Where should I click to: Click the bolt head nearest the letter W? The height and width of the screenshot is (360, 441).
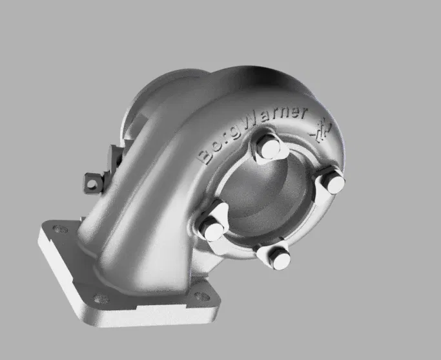click(265, 147)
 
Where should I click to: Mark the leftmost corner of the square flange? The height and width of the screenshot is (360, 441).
click(38, 231)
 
